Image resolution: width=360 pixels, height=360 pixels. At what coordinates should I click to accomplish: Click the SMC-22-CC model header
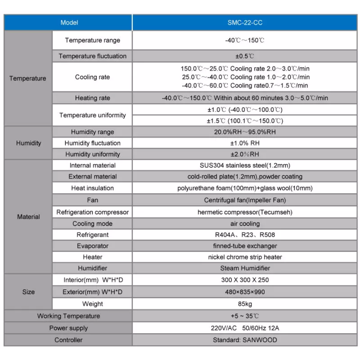coord(245,23)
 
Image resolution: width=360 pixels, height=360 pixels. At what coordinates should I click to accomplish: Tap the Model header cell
coord(69,23)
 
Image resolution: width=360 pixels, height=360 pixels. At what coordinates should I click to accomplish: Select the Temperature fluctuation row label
coord(92,56)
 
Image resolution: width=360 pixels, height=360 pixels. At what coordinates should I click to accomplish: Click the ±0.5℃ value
coord(245,56)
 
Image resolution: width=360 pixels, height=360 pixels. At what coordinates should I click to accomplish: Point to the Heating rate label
coord(92,98)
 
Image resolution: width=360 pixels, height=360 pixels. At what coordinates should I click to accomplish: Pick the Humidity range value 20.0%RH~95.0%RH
coord(245,132)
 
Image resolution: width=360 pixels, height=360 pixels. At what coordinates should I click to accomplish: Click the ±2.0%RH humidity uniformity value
coord(245,154)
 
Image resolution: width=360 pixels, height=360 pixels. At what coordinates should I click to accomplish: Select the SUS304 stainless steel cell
coord(245,165)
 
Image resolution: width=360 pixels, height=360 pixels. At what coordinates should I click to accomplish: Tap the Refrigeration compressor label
coord(92,212)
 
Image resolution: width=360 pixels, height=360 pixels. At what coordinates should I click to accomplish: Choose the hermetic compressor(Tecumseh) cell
coord(245,212)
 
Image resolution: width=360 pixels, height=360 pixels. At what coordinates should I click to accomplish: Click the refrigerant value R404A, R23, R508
coord(245,235)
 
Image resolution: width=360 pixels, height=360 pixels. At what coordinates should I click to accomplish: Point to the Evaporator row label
coord(92,246)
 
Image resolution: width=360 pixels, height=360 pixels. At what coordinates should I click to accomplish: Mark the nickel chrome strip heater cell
coord(245,257)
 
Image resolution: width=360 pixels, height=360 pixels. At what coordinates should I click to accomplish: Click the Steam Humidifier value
coord(245,268)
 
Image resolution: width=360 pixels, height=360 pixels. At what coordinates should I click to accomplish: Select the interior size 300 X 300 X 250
coord(245,280)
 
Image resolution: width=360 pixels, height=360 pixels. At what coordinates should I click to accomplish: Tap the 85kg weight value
coord(245,304)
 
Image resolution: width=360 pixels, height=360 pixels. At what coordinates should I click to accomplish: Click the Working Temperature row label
coord(68,316)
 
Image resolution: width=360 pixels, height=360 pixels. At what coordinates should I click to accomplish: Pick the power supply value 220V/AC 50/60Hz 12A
coord(245,328)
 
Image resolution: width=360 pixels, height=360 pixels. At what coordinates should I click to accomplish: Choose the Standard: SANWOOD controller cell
coord(245,340)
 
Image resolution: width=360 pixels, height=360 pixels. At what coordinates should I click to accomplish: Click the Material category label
coord(28,217)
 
